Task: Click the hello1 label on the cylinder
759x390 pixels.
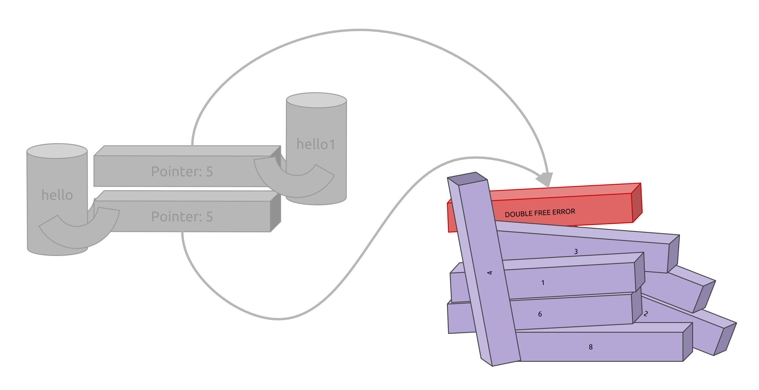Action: click(316, 144)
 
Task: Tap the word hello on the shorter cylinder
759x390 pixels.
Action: click(57, 195)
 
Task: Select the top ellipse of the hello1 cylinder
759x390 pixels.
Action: click(316, 100)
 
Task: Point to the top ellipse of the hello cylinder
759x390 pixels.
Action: click(57, 151)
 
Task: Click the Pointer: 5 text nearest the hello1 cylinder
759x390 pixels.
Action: click(182, 172)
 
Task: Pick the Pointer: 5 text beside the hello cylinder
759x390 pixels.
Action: click(182, 217)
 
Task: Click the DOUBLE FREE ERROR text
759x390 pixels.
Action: click(540, 213)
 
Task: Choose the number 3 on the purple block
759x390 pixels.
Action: click(576, 251)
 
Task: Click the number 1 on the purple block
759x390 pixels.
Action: click(543, 283)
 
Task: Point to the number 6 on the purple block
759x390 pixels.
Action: click(540, 314)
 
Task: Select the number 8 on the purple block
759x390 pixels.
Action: click(591, 347)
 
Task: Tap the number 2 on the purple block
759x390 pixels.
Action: click(646, 314)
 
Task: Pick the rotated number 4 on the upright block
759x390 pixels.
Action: click(489, 273)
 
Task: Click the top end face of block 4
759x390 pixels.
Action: click(467, 179)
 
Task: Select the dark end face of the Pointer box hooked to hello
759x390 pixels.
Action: click(275, 212)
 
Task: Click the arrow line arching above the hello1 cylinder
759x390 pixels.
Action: click(361, 30)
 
